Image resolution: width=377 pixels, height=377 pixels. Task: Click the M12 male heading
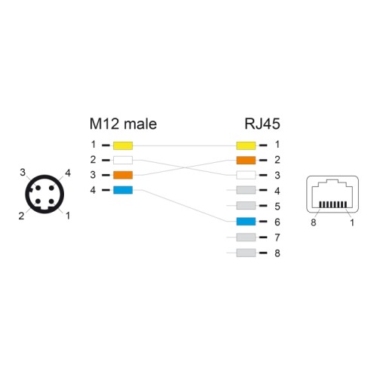coord(123,124)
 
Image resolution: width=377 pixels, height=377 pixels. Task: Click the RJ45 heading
coord(262,124)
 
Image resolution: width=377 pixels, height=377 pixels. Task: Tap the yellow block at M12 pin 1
coord(123,146)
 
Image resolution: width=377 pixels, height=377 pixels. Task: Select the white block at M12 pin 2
coord(123,160)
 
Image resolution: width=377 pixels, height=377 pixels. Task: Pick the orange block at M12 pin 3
coord(123,175)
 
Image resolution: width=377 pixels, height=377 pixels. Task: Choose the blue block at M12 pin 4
coord(123,190)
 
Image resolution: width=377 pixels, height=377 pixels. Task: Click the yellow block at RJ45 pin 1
coord(246,146)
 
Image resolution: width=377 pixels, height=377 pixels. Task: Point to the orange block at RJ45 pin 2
coord(246,160)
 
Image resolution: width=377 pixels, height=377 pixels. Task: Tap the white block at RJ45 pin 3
coord(246,175)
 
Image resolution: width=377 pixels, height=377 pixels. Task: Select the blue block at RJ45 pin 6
coord(246,222)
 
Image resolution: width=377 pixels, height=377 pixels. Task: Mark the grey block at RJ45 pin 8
coord(246,253)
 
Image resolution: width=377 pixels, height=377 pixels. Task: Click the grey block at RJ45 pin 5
coord(246,206)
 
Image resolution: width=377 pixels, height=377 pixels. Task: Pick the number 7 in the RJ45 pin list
coord(277,238)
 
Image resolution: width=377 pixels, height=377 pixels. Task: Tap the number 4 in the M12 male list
coord(93,190)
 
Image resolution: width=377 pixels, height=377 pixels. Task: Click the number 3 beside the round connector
coord(23,173)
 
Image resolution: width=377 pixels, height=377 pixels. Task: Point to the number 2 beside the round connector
coord(21,216)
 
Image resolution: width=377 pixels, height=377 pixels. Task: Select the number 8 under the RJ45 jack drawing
coord(314,222)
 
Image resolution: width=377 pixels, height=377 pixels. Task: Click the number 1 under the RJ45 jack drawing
coord(352,222)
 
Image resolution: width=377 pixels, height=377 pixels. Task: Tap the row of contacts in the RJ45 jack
coord(333,204)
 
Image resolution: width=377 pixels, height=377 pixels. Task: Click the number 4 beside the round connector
coord(68,173)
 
